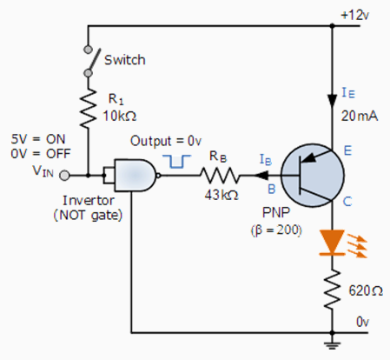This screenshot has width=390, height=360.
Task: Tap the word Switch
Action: (x=125, y=60)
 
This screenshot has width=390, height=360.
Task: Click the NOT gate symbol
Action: (x=134, y=177)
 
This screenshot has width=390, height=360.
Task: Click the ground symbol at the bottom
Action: (x=331, y=344)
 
